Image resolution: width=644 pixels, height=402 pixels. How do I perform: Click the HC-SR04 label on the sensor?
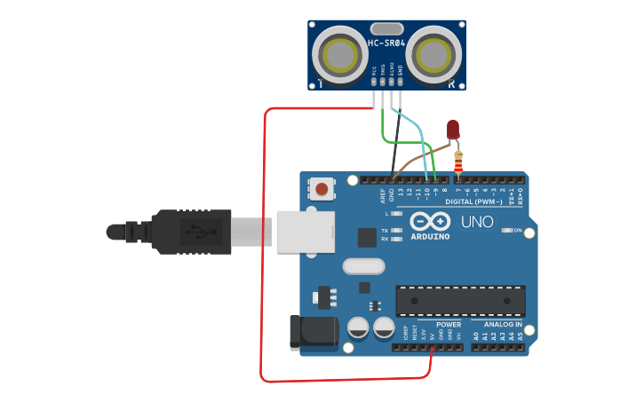[x=386, y=43]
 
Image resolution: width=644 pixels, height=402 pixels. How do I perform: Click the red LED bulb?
[x=453, y=130]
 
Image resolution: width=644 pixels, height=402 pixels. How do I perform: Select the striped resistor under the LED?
[x=458, y=162]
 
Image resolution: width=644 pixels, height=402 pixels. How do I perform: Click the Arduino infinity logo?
[x=430, y=222]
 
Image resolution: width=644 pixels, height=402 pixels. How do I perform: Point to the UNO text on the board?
[x=477, y=222]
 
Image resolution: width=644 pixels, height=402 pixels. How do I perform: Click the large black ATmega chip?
[x=460, y=301]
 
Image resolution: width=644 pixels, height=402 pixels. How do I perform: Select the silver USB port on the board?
[x=305, y=232]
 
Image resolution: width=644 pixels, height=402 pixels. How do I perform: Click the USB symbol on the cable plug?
[x=200, y=233]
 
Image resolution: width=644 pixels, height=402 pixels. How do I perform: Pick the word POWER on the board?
[x=449, y=325]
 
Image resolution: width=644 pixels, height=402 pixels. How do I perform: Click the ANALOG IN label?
[x=502, y=325]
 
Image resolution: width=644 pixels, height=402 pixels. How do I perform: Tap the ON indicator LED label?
[x=519, y=231]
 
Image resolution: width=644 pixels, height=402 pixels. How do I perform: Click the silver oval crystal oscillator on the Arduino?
[x=364, y=265]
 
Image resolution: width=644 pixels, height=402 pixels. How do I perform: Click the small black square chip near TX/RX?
[x=366, y=237]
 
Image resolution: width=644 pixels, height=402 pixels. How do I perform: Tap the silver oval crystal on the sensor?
[x=386, y=28]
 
